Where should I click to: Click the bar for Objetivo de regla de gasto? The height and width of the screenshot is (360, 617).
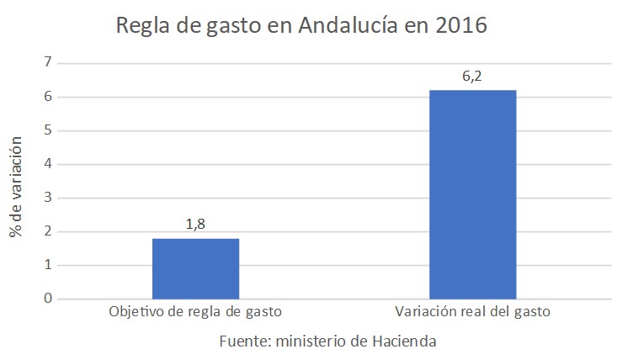pos(195,268)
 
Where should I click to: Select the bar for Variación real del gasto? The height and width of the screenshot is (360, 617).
pos(472,194)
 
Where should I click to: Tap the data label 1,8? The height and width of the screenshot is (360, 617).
pos(195,225)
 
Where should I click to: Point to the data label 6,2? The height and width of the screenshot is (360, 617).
pos(472,77)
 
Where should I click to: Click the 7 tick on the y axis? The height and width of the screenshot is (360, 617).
pos(48,63)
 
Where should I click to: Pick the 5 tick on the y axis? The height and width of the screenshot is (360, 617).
pos(48,130)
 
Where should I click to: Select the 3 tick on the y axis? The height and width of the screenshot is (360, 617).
pos(48,198)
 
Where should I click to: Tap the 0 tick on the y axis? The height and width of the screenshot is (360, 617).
pos(48,299)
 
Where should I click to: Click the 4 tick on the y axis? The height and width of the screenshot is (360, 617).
pos(48,164)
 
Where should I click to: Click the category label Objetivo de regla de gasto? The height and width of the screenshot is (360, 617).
pos(195,313)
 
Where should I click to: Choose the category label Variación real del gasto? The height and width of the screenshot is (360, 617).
pos(472,313)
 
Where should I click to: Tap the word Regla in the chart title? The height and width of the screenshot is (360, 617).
pos(145,26)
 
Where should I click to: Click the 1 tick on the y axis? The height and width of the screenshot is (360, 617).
pos(48,265)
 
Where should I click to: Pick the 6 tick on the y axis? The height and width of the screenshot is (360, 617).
pos(48,97)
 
